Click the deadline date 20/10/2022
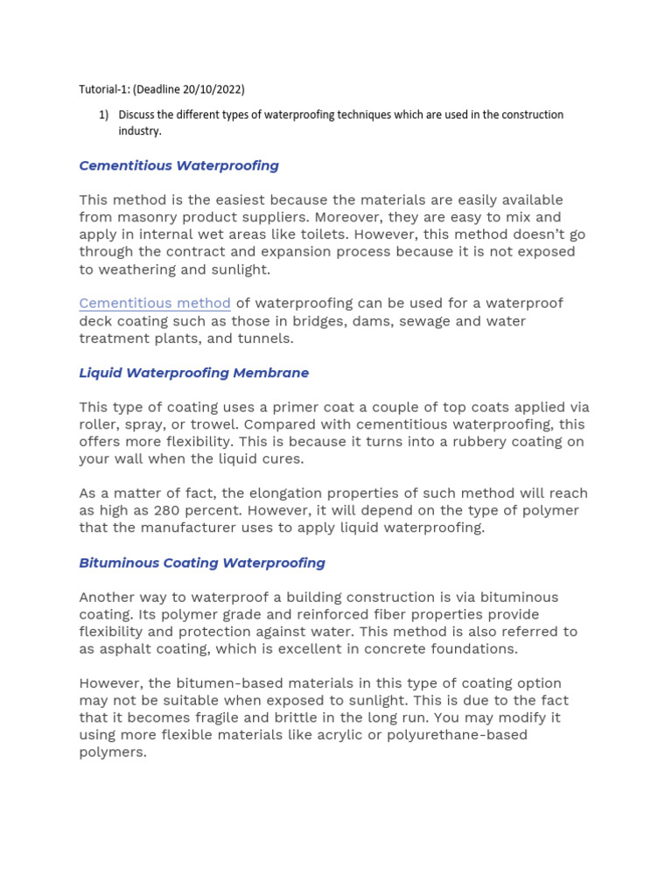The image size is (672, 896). pos(213,89)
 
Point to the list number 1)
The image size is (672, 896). pos(103,115)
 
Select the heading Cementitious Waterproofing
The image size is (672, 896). pos(178,165)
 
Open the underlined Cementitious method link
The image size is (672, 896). pos(155,304)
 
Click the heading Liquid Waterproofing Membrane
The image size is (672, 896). pos(193,373)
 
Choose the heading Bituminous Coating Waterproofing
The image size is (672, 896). pos(202,563)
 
